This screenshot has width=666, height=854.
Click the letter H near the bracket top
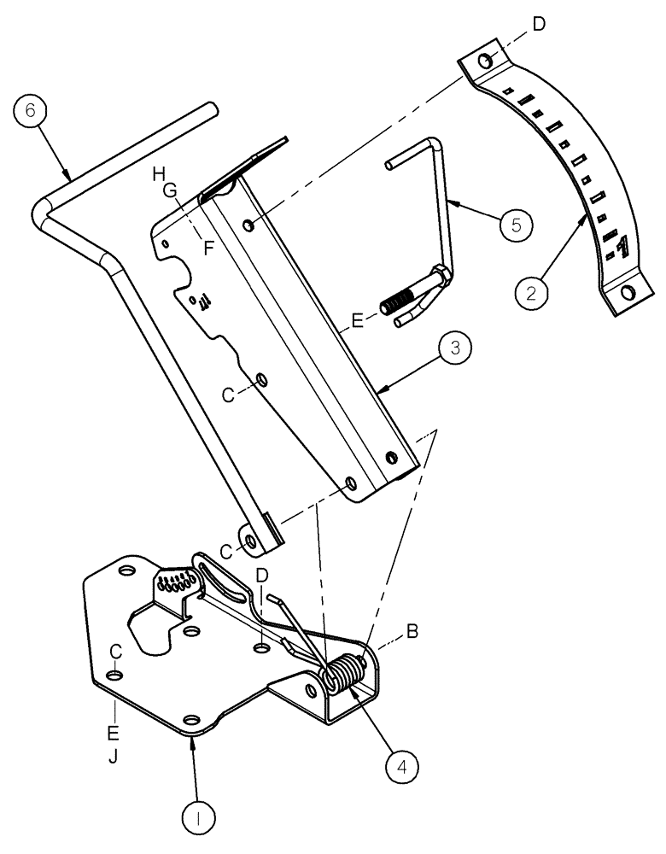pyautogui.click(x=158, y=174)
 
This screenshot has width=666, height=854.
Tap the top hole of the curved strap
pyautogui.click(x=484, y=61)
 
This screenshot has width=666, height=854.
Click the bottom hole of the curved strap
pyautogui.click(x=628, y=293)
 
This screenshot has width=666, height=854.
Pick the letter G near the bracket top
pyautogui.click(x=171, y=192)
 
